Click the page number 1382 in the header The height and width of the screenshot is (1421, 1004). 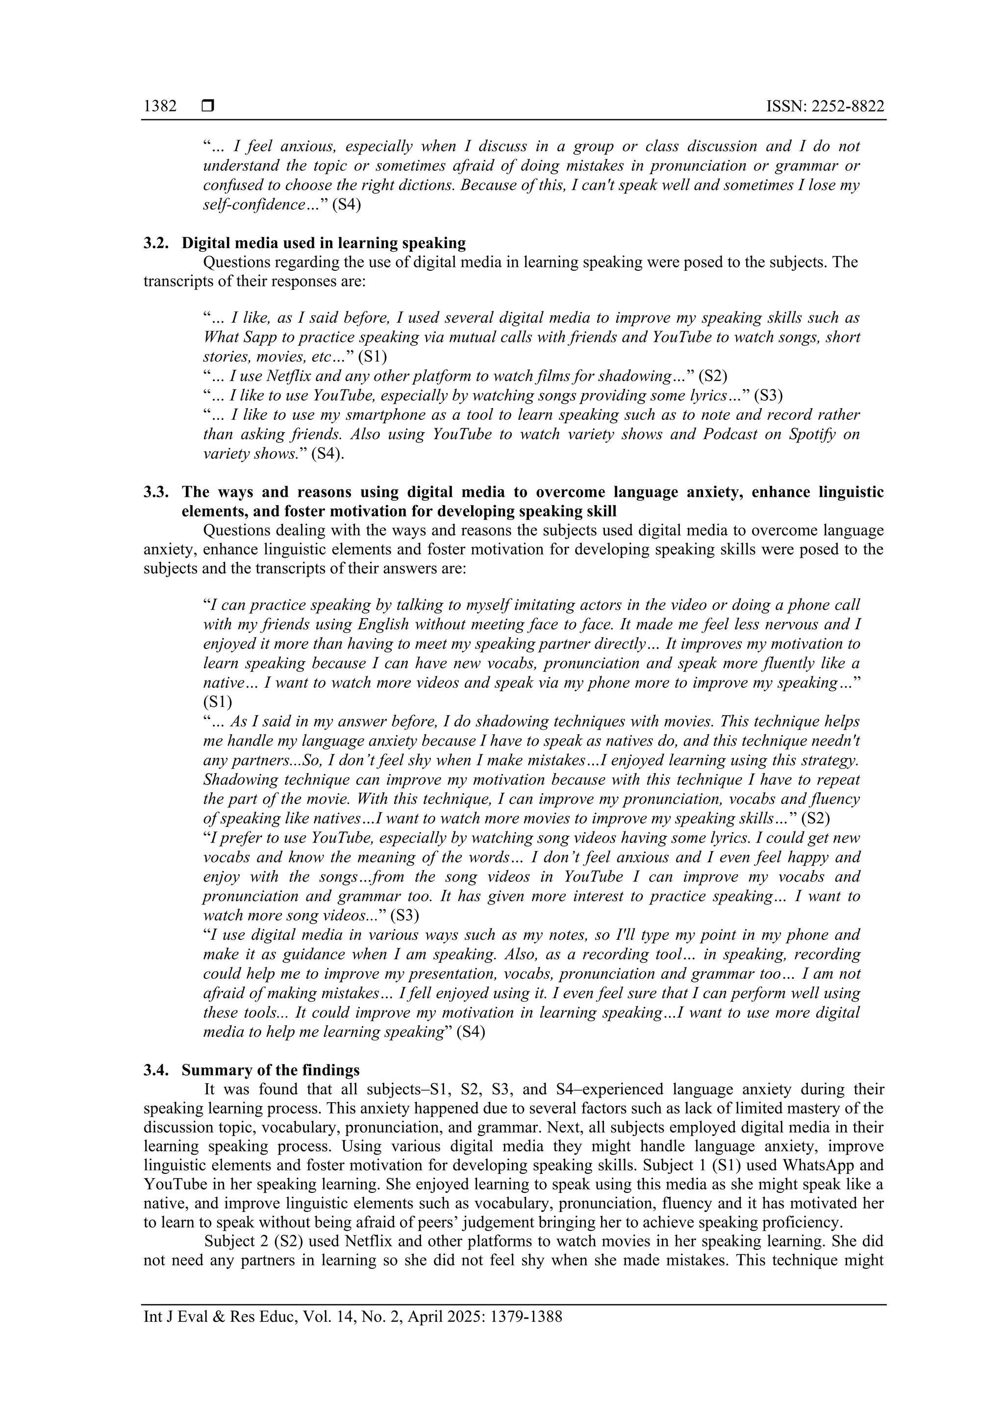point(160,106)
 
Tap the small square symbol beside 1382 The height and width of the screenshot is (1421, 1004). point(208,106)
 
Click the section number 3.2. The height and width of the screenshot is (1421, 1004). point(156,243)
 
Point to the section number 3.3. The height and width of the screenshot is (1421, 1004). point(156,492)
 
